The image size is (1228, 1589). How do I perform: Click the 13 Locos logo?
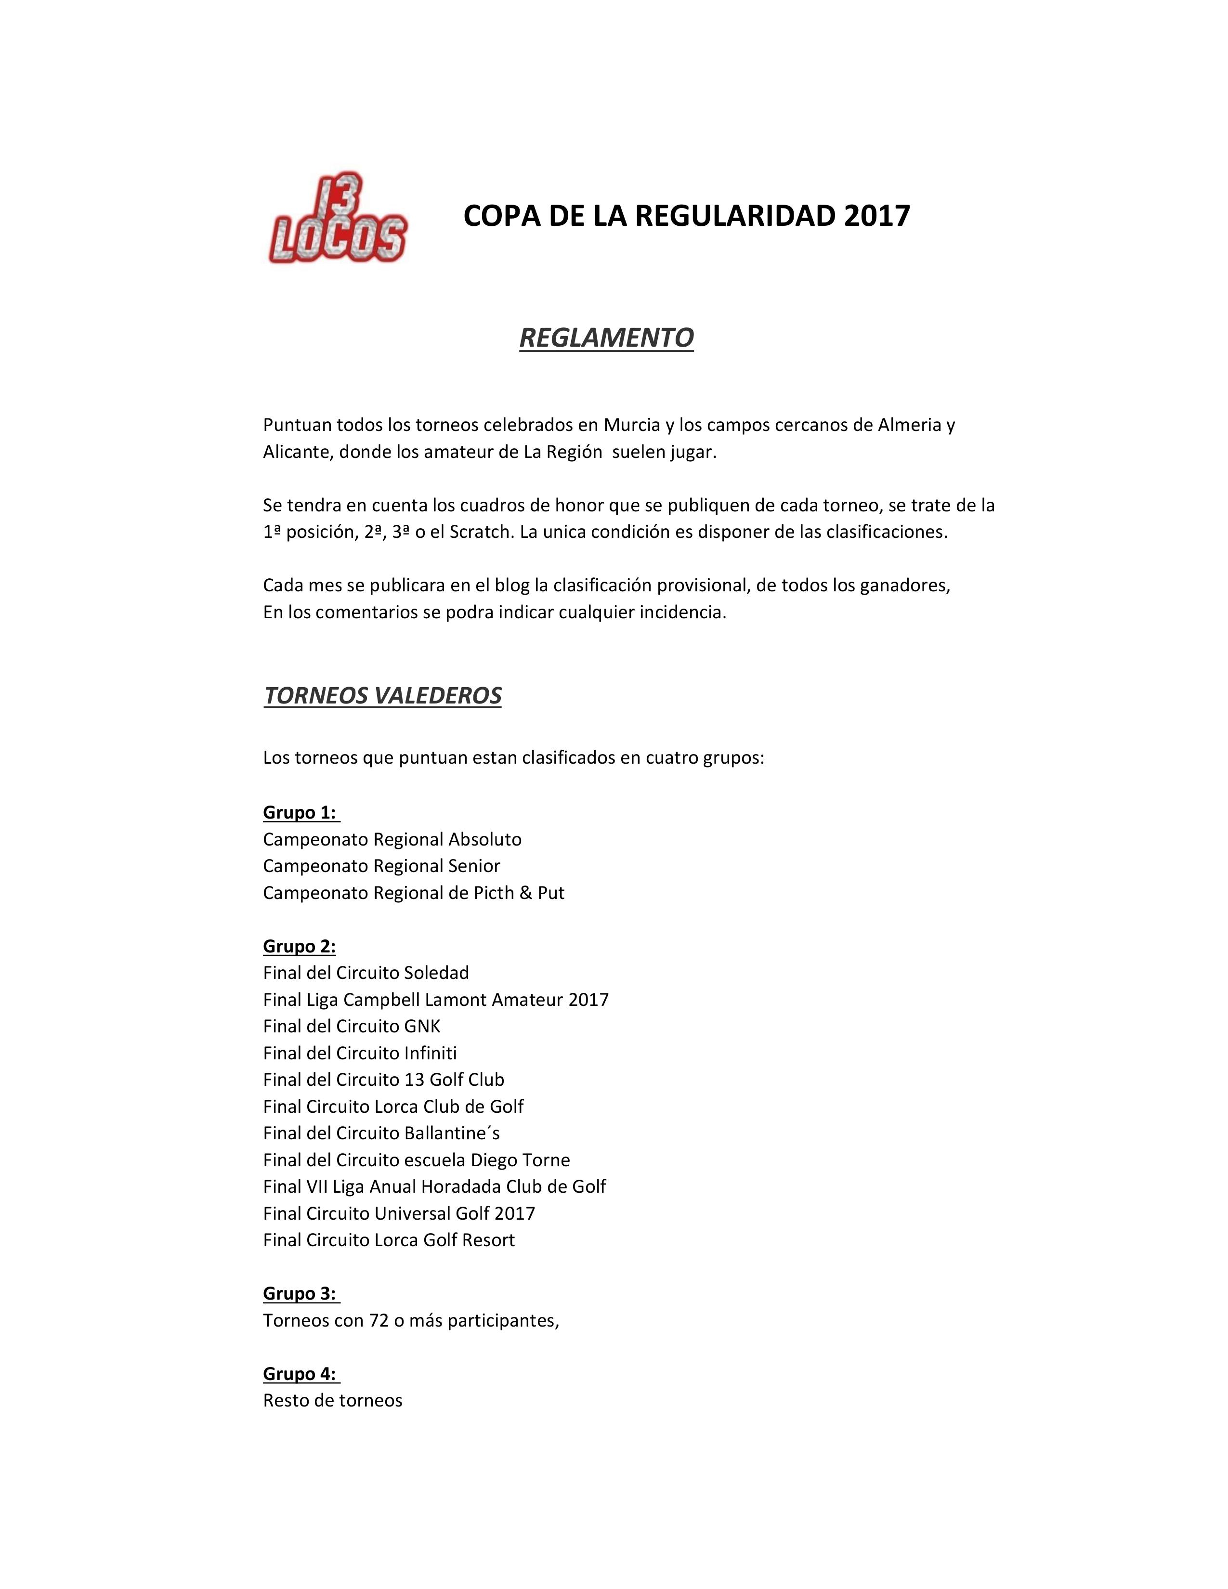pos(337,218)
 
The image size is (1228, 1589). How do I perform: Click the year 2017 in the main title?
pos(876,216)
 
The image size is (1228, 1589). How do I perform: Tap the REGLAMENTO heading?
pos(606,338)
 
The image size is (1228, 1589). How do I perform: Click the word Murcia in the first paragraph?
pos(631,425)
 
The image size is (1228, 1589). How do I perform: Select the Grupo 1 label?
pos(299,813)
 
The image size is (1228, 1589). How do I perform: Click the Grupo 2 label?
pos(299,946)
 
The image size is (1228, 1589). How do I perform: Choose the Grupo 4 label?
pos(299,1374)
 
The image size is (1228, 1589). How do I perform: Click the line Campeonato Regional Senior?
pos(381,866)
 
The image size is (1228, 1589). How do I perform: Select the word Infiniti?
pos(430,1053)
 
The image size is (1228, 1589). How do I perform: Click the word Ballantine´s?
pos(452,1133)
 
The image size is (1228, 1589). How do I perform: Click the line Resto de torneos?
pos(332,1401)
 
